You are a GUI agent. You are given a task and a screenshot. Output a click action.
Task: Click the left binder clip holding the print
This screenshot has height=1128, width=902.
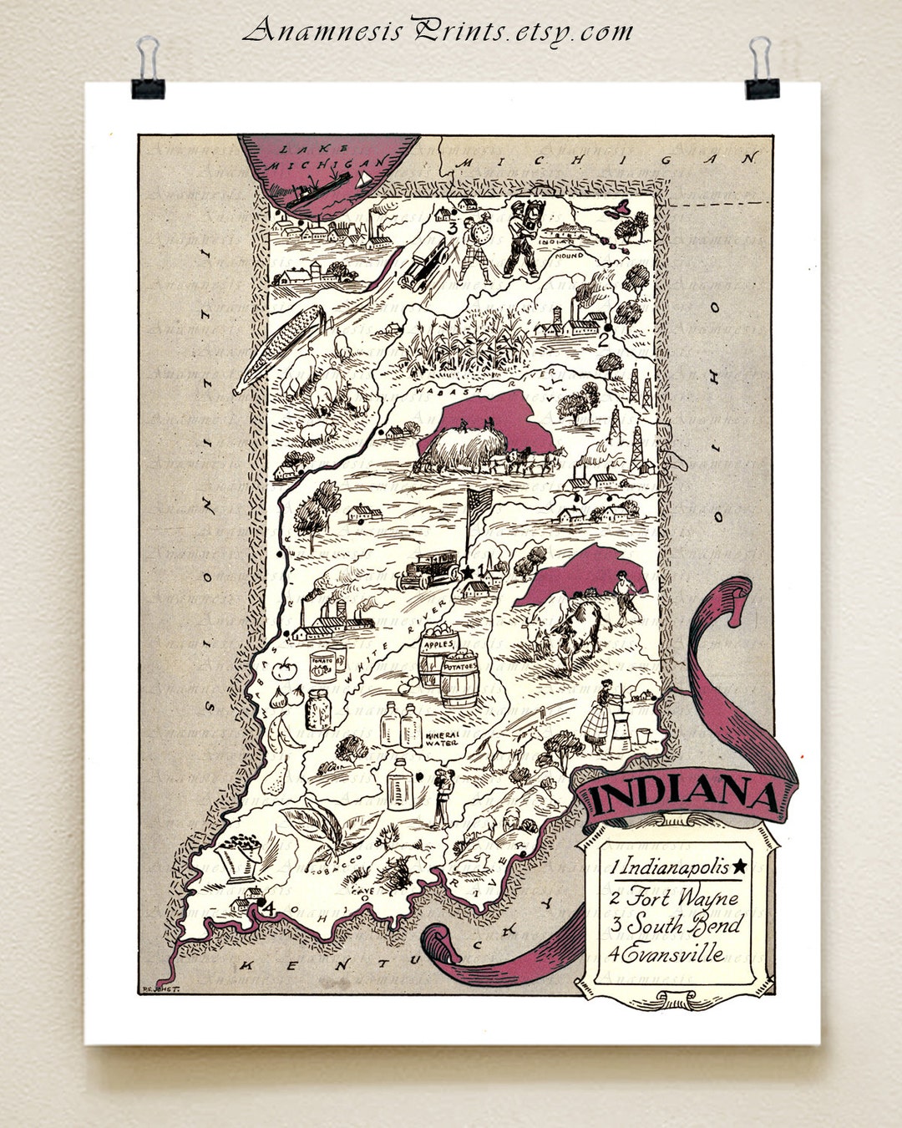coord(148,71)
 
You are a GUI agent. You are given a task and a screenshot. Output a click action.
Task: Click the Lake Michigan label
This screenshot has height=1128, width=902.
coord(326,156)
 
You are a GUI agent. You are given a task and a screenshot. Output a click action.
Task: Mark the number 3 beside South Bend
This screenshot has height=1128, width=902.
coord(452,227)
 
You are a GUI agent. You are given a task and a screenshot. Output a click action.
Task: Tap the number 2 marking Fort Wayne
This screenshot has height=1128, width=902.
coord(601,339)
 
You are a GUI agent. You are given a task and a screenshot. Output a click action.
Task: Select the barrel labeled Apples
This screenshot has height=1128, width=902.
coord(438,656)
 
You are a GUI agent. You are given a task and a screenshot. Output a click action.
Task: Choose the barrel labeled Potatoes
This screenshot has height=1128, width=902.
coord(459,678)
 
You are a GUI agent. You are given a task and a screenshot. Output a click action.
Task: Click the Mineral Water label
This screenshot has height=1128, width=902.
coord(443,739)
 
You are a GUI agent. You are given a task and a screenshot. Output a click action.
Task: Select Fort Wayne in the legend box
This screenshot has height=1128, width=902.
coord(683,897)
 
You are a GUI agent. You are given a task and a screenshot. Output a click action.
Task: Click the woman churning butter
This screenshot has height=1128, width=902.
coord(598,719)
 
